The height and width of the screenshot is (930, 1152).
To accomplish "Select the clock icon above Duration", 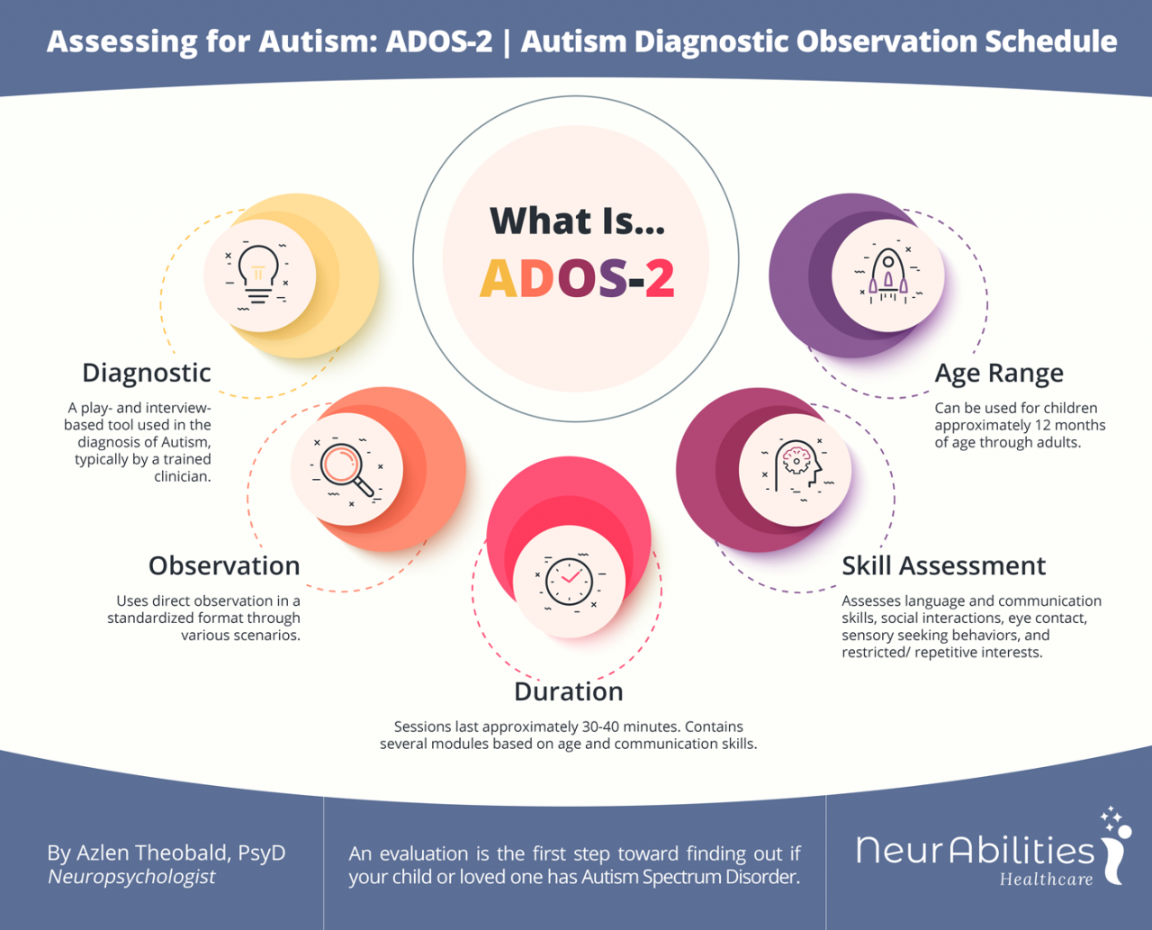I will point(569,582).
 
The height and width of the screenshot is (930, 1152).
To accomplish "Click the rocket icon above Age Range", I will point(887,275).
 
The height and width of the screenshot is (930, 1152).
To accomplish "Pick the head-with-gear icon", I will point(796,469).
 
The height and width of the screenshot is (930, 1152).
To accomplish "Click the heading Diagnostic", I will point(147,373).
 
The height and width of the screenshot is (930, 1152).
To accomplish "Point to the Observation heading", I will point(224,565).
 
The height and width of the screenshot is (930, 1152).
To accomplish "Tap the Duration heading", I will point(569,691).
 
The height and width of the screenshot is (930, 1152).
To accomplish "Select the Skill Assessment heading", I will point(943,565).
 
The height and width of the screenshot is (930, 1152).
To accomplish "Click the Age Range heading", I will point(999,373).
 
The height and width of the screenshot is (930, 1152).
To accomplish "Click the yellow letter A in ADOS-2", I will point(498,278).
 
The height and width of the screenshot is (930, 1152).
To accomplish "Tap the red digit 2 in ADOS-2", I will point(660,278).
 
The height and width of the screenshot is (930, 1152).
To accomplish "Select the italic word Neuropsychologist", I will point(131,877).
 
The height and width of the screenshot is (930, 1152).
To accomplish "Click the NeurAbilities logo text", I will point(975,850).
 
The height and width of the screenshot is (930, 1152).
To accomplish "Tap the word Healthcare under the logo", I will point(1046,880).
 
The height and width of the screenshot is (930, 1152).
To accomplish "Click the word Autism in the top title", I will point(314,41).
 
